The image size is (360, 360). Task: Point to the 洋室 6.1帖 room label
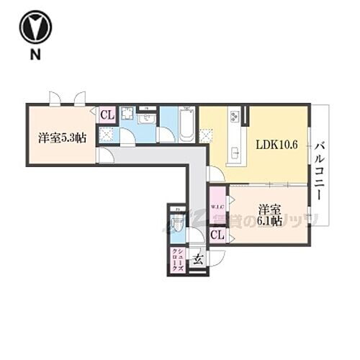271,214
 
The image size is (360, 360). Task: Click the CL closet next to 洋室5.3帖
107,114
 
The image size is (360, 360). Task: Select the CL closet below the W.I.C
217,234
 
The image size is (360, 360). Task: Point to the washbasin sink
148,117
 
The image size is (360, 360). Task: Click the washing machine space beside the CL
127,116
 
